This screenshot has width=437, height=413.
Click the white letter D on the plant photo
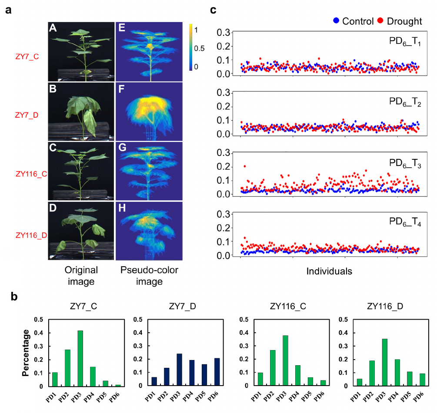[x=53, y=208]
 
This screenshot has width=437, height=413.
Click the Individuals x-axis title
[x=329, y=272]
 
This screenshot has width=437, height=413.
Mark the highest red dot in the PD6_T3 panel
[x=245, y=166]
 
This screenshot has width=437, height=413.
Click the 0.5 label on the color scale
[x=199, y=48]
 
